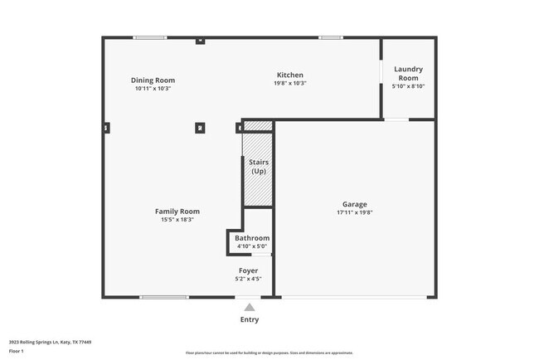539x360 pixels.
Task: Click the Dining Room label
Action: coord(153,80)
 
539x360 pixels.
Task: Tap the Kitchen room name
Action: coord(289,75)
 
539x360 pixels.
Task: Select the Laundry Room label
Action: coord(409,74)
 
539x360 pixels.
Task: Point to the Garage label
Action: coord(354,204)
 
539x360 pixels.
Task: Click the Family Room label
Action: coord(177,211)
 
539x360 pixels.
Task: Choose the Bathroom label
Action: coord(251,238)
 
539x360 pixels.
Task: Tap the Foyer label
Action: coord(248,270)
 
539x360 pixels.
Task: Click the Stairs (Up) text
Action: coord(258,167)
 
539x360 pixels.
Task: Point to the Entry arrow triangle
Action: coord(249,306)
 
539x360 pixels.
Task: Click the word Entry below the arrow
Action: coord(249,319)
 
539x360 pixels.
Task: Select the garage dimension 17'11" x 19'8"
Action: coord(354,213)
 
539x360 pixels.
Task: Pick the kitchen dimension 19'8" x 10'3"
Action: coord(289,83)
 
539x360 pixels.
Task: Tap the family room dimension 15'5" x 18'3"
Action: coord(177,219)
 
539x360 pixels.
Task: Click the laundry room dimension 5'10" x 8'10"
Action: coord(409,86)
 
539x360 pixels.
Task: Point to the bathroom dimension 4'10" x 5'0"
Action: coord(251,246)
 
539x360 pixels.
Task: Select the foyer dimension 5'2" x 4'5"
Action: coord(248,279)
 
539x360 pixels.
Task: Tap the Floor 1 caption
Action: coord(17,351)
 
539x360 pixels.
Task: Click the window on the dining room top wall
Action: coord(150,37)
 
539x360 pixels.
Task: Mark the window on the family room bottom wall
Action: coord(163,297)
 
